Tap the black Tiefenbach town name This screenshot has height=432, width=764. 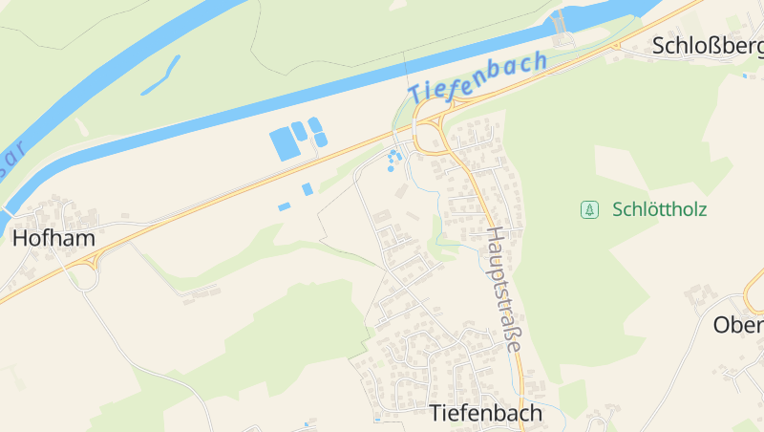tap(485, 413)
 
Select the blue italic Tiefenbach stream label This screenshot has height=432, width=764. tap(477, 76)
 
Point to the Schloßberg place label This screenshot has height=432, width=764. tap(707, 45)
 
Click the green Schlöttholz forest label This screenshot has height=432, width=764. tap(660, 209)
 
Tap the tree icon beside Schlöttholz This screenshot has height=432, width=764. tap(589, 209)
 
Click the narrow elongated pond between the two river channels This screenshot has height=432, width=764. tap(160, 76)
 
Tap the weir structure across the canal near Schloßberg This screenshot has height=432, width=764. tap(558, 21)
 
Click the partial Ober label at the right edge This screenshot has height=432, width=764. tap(739, 325)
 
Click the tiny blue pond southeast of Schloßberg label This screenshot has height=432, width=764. tap(745, 76)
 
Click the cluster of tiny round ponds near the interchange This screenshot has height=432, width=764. tap(393, 160)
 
